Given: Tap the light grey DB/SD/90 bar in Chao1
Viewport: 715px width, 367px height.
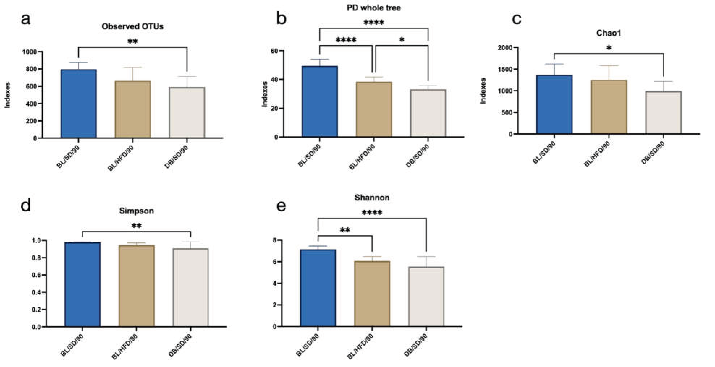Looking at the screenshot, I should [x=663, y=112].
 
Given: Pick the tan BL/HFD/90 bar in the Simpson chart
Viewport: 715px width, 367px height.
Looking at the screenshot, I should [x=136, y=286].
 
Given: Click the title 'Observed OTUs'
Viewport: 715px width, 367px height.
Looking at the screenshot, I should [x=132, y=26].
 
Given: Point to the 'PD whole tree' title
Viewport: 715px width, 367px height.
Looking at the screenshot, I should [x=374, y=8].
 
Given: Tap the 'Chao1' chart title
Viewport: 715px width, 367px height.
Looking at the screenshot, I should [x=608, y=33].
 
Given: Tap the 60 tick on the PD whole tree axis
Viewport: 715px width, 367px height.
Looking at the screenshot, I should [x=274, y=51].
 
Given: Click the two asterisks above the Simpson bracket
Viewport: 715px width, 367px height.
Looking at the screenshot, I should [x=136, y=226].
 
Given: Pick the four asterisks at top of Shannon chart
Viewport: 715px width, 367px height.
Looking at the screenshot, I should [x=372, y=213].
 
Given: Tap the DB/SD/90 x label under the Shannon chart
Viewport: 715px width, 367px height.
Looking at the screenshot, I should [x=415, y=345].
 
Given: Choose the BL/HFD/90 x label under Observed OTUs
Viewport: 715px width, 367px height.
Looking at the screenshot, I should [x=121, y=158].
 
